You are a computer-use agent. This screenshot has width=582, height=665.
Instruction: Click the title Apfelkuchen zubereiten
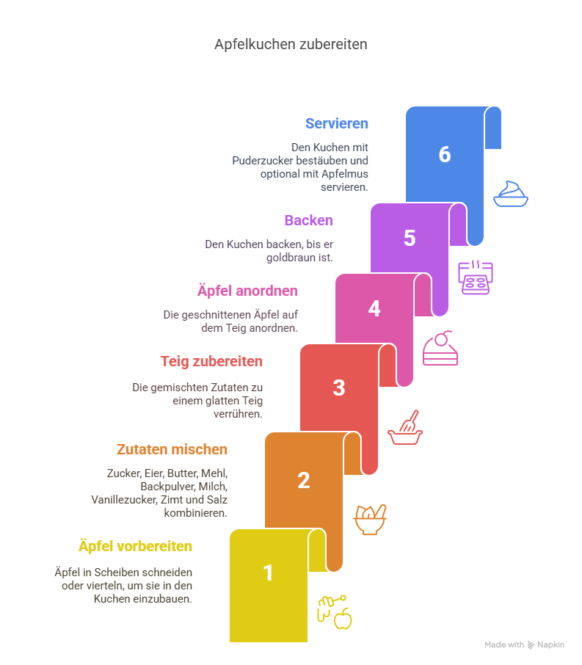[291, 44]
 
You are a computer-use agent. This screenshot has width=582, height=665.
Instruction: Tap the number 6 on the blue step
[445, 154]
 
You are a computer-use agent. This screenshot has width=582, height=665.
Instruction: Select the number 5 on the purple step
[410, 238]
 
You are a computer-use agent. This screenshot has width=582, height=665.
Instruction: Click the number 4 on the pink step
[374, 308]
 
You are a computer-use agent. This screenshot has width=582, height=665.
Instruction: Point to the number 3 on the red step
[339, 388]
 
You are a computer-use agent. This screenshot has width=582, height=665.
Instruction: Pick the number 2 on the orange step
[304, 481]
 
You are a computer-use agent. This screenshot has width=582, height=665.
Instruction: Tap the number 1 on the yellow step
[268, 573]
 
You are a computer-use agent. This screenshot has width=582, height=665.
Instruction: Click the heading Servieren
[337, 123]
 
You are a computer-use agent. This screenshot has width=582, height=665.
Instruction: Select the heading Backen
[309, 220]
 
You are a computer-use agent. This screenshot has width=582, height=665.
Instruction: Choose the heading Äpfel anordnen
[247, 291]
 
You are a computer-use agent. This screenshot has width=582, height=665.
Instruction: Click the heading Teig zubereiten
[211, 361]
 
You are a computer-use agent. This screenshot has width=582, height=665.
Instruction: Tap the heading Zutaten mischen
[172, 449]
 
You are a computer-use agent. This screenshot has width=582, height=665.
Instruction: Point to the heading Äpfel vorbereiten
[135, 546]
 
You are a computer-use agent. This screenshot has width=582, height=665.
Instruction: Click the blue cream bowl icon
[511, 194]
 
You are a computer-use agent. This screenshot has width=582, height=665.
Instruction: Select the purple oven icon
[475, 277]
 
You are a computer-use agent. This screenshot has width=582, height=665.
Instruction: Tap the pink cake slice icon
[440, 348]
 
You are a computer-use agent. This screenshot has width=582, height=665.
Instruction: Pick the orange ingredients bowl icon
[370, 520]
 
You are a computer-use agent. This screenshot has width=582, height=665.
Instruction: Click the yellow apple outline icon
[343, 619]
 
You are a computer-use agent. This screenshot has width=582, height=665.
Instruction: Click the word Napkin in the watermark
[550, 644]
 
